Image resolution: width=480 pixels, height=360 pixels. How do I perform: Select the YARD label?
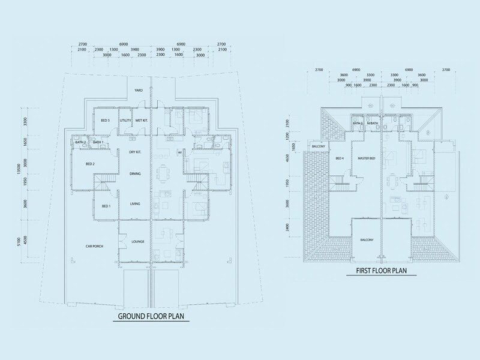[x=139, y=90]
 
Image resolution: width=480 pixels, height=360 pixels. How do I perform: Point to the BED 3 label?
[x=105, y=121]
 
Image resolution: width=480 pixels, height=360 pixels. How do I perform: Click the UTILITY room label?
[x=125, y=121]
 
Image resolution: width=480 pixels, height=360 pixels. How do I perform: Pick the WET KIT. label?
[x=141, y=121]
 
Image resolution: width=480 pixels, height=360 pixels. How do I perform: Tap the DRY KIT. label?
[x=135, y=152]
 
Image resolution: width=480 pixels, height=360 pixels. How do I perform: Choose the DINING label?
[x=135, y=174]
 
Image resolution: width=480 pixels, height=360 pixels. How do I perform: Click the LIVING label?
[x=135, y=205]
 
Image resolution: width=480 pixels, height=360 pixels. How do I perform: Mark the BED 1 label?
[x=105, y=206]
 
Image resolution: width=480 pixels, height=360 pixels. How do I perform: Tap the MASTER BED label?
[x=367, y=158]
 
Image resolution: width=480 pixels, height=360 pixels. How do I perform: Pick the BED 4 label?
[x=339, y=158]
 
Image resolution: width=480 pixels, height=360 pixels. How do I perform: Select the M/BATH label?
[x=373, y=124]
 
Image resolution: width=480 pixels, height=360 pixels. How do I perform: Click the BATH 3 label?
[x=358, y=124]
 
